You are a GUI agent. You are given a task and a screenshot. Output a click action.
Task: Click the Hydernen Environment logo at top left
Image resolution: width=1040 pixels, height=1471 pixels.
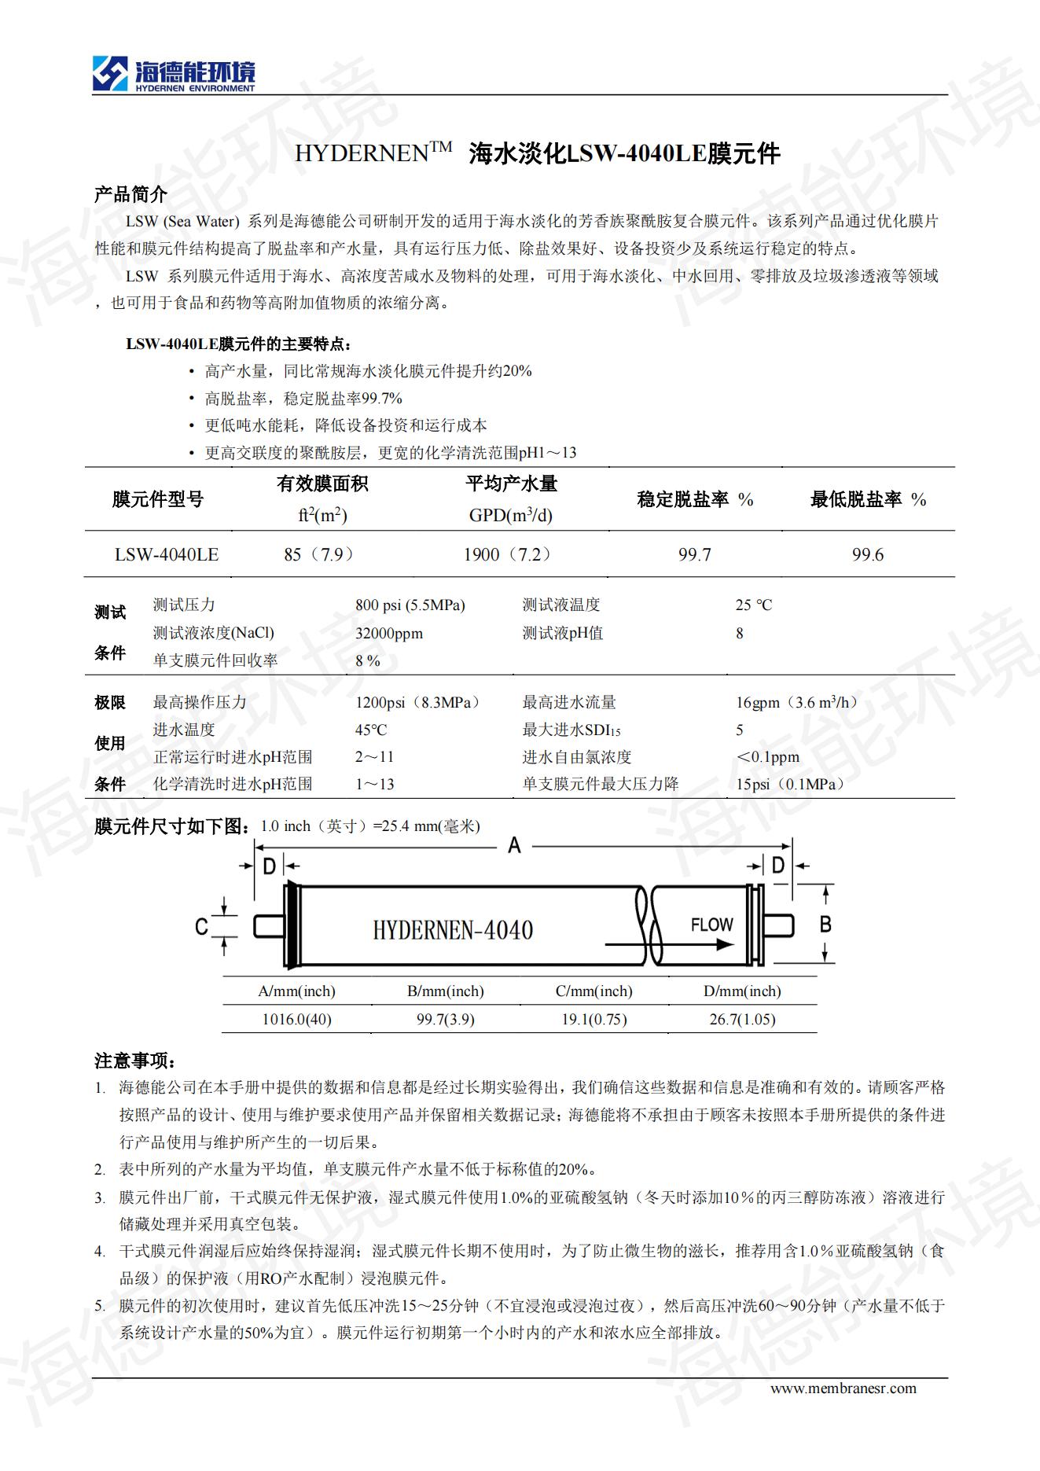click(x=173, y=75)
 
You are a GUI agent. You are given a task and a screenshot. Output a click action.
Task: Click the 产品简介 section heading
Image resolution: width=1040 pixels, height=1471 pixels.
click(x=130, y=194)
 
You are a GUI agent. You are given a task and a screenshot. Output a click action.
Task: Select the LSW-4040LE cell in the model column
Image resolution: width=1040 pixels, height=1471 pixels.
click(x=167, y=554)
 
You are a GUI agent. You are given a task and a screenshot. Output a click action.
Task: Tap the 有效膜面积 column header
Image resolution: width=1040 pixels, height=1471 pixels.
click(x=322, y=484)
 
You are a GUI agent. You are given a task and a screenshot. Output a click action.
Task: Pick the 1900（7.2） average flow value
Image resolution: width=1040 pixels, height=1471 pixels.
click(x=508, y=554)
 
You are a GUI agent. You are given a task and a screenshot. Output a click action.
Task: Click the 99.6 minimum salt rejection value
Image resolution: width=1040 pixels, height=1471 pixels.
click(x=868, y=555)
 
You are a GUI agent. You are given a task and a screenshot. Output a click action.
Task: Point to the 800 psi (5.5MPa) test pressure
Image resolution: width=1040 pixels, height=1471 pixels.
click(x=410, y=605)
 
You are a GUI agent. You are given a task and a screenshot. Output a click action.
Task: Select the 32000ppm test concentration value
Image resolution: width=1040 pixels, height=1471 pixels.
click(x=389, y=634)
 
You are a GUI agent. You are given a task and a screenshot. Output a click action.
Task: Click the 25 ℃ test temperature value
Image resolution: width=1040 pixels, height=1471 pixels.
click(x=754, y=605)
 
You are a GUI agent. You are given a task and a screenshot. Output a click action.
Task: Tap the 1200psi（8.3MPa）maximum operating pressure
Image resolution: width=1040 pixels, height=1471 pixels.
click(x=417, y=703)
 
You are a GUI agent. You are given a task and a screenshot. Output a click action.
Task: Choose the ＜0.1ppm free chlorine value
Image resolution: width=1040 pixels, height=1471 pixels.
click(x=767, y=757)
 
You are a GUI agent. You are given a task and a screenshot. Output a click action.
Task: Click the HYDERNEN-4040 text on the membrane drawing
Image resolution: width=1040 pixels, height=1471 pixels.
click(x=453, y=931)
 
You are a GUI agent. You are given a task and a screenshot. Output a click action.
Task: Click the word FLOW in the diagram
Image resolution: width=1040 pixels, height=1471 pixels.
click(x=711, y=925)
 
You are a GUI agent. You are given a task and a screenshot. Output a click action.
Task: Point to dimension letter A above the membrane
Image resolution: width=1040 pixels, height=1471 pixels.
click(x=515, y=846)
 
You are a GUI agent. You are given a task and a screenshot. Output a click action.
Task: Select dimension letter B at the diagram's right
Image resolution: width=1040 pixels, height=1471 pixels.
click(x=825, y=924)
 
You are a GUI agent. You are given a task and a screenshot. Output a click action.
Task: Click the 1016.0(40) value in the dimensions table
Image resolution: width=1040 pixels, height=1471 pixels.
click(x=296, y=1020)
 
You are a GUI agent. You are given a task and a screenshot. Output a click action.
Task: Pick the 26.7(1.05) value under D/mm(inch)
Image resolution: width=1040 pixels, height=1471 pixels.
click(x=742, y=1020)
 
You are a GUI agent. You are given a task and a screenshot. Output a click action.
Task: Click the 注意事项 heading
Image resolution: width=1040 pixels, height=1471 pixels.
click(x=135, y=1061)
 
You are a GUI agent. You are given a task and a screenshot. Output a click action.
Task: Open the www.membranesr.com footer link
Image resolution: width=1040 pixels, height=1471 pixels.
click(x=843, y=1388)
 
